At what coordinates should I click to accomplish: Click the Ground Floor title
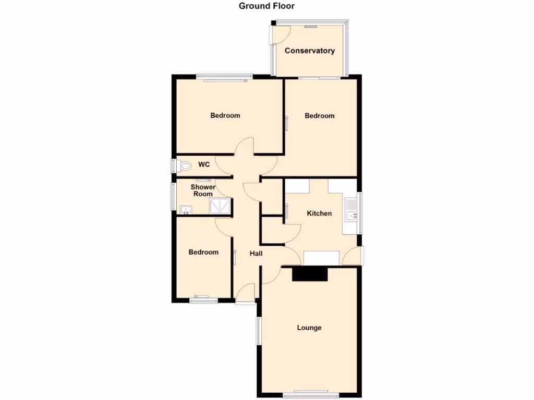coord(266,6)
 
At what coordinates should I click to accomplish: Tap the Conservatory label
coord(309,51)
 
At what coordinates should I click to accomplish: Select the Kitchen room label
coord(319,214)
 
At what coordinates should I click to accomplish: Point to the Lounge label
coord(309,328)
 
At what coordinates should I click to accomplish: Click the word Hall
coord(256,254)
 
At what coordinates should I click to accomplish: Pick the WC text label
coord(204,165)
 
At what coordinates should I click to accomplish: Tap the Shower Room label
coord(203,191)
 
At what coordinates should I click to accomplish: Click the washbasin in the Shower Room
coord(185,210)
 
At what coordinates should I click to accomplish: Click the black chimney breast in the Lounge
coord(310,274)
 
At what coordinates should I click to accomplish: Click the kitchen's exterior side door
coord(355,256)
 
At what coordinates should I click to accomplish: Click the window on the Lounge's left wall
coord(258,331)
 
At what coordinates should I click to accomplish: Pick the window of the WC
coord(174,166)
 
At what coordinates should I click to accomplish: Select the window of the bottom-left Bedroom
coord(204,299)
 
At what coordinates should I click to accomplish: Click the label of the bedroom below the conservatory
coord(319,116)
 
